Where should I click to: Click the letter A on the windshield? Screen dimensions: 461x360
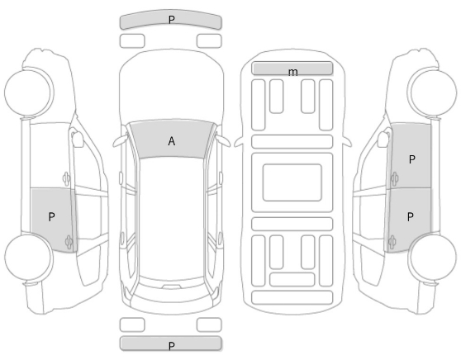click(172, 141)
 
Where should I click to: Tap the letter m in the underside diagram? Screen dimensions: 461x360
click(292, 72)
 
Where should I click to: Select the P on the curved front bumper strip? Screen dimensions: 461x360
click(171, 20)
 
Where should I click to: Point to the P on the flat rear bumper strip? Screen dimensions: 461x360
click(172, 346)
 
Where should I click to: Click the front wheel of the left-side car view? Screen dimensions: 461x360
click(29, 92)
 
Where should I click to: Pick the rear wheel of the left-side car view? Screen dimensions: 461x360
click(29, 257)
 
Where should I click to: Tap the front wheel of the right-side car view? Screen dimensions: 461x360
click(432, 92)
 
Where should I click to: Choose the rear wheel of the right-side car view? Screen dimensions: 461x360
click(432, 257)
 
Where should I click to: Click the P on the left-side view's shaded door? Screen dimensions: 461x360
click(51, 217)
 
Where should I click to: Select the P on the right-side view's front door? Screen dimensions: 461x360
click(412, 159)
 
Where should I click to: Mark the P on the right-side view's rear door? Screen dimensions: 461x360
click(411, 217)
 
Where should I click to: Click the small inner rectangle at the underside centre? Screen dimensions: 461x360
click(292, 182)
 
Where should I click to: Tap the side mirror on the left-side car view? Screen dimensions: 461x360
click(78, 139)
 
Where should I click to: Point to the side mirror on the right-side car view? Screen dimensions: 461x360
click(383, 139)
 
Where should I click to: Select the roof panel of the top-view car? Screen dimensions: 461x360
click(171, 217)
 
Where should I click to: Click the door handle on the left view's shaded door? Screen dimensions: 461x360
click(69, 242)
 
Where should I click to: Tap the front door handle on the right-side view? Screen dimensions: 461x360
click(394, 178)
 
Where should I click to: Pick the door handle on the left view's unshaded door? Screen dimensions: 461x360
click(66, 178)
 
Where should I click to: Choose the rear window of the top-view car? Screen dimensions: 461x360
click(171, 290)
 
